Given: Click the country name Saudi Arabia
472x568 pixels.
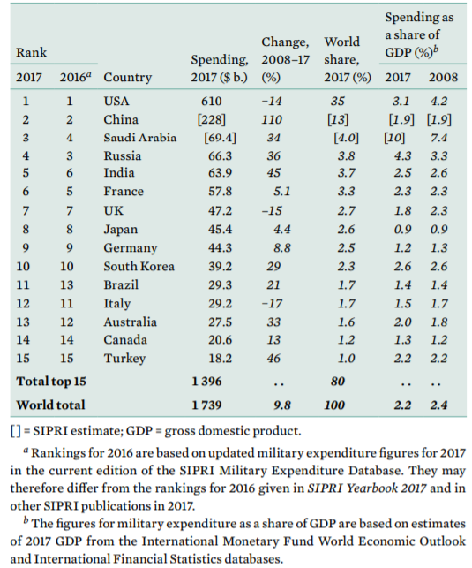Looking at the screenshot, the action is (140, 138).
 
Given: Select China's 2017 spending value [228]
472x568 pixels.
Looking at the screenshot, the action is (211, 119).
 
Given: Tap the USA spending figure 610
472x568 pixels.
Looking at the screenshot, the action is (211, 101).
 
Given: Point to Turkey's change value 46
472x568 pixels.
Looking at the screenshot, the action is (273, 359).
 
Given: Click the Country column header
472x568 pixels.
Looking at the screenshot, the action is (127, 77).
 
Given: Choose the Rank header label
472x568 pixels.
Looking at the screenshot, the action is (31, 52).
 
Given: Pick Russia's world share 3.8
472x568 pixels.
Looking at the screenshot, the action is (346, 155).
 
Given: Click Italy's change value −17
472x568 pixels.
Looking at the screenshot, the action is (272, 303).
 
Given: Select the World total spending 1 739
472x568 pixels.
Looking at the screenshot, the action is (206, 405).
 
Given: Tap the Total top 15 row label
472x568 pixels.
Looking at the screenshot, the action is (51, 381).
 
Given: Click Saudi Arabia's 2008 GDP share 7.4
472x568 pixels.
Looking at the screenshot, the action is (438, 138).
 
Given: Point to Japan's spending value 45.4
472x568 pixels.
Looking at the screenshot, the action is (220, 230).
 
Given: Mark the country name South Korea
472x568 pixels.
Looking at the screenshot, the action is (139, 266).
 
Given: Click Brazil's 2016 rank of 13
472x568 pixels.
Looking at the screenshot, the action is (66, 284).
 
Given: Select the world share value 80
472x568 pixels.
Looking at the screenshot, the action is (337, 381).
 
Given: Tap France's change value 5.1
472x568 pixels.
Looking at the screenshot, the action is (281, 191).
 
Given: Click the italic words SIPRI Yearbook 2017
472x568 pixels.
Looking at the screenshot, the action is (366, 488).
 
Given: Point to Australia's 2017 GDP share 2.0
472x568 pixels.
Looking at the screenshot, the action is (402, 322).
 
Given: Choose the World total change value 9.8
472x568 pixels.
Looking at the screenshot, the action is (281, 405).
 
